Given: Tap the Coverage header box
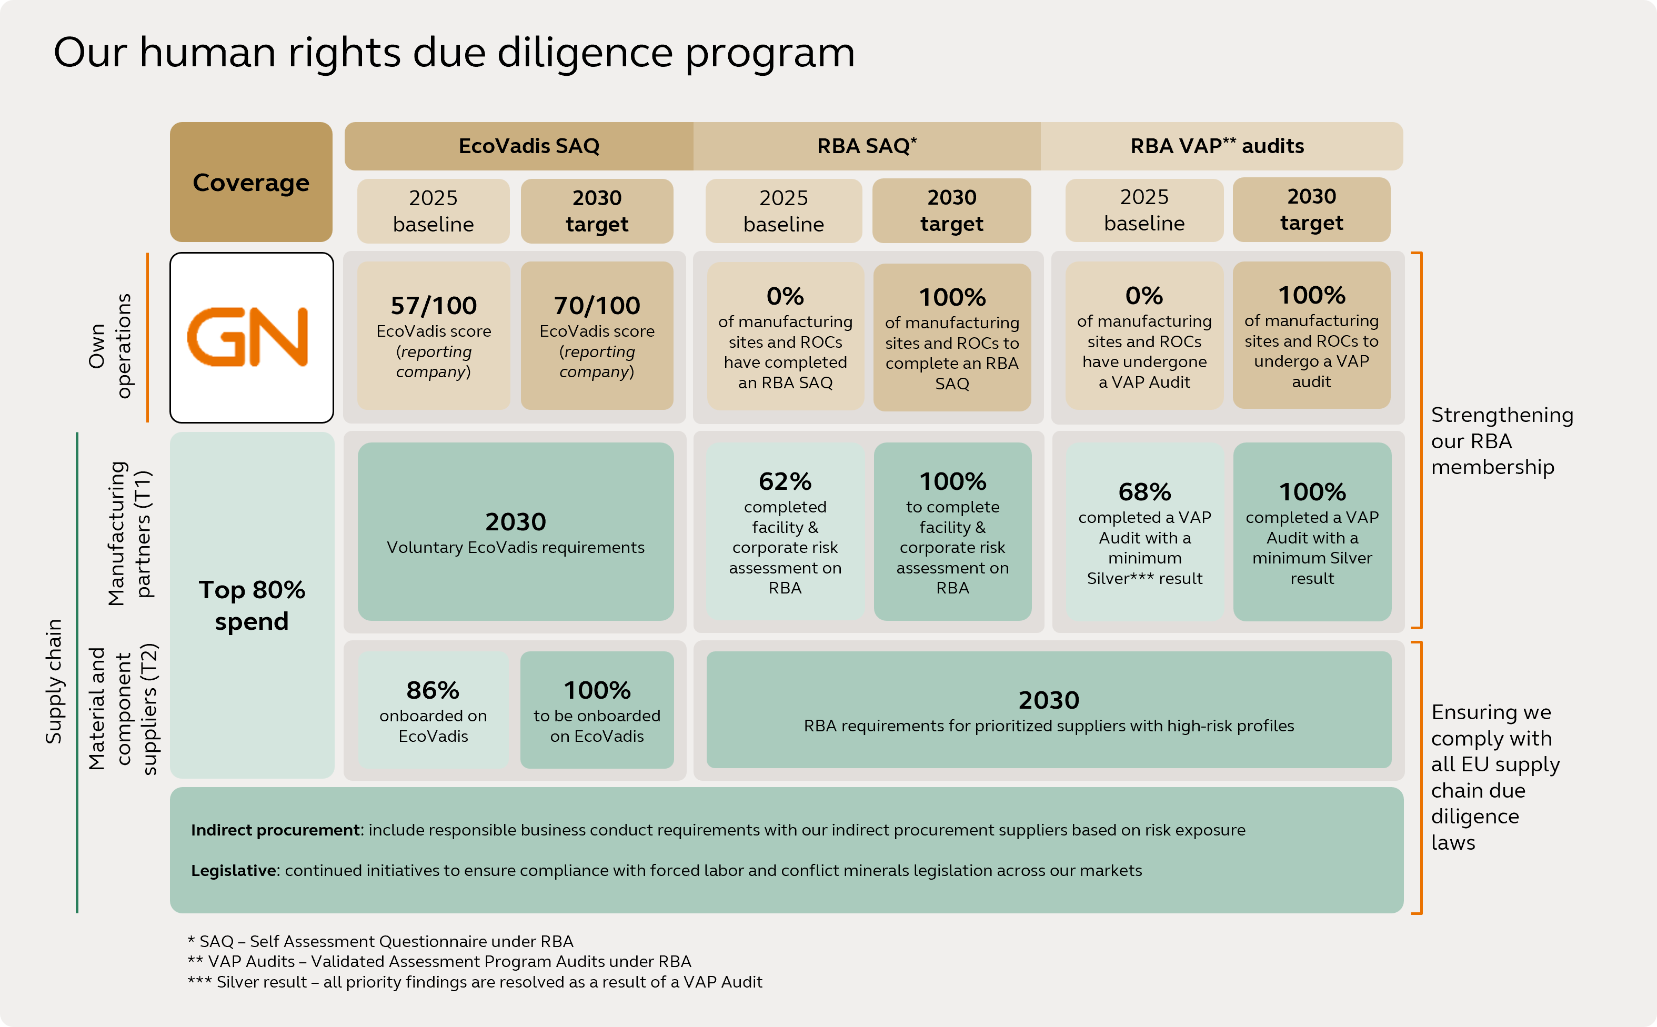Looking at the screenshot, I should [x=250, y=182].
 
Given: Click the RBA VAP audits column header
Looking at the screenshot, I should [x=1216, y=146].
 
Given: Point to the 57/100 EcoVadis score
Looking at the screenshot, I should [x=434, y=306].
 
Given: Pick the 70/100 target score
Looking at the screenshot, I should [x=597, y=306].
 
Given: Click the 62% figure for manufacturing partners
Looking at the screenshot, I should [x=785, y=481].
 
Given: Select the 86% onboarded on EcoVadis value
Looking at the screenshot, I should [x=433, y=690].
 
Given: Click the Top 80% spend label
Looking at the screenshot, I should [x=252, y=605].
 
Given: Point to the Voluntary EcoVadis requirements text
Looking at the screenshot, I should [x=515, y=548].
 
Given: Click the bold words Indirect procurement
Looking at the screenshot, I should [x=275, y=830].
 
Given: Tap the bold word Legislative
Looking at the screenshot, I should [x=233, y=871].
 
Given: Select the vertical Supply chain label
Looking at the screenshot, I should [x=54, y=681].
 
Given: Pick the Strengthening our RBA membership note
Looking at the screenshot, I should [x=1501, y=441].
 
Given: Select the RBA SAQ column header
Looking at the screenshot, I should [x=866, y=146].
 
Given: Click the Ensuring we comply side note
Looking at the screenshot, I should [x=1494, y=777].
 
